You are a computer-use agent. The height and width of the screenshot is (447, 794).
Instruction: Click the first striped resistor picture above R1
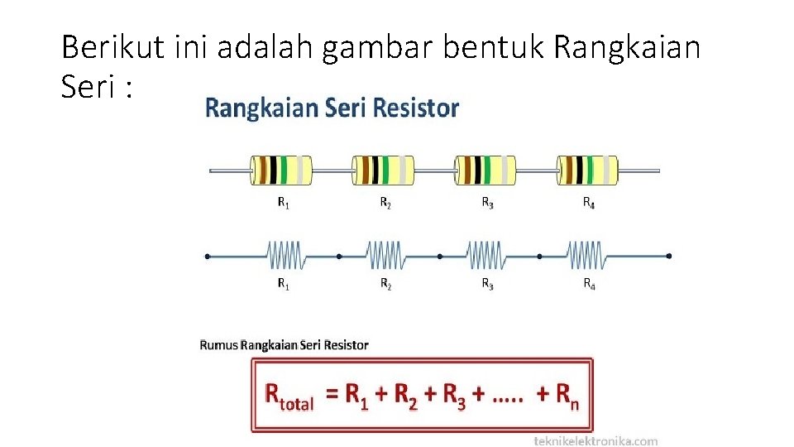(x=281, y=170)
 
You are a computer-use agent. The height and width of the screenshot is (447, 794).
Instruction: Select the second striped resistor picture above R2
(x=383, y=170)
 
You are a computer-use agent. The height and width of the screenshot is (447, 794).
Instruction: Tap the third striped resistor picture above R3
(x=485, y=170)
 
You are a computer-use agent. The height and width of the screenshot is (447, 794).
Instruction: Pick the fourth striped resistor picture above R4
(x=587, y=170)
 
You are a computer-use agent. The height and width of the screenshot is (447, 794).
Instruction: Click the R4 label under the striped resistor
(x=589, y=202)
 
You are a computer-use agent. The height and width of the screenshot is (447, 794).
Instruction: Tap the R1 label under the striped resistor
(x=283, y=202)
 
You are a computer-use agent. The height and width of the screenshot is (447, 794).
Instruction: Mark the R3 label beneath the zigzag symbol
(x=488, y=285)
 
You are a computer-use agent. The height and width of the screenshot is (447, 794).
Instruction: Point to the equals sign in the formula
(x=332, y=395)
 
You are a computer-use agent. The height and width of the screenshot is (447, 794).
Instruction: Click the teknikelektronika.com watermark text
(x=596, y=440)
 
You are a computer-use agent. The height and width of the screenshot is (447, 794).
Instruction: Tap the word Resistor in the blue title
(x=416, y=108)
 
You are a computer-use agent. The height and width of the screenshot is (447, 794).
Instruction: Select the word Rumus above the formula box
(x=218, y=344)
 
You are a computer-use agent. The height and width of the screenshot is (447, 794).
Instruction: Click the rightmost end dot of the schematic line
(x=668, y=257)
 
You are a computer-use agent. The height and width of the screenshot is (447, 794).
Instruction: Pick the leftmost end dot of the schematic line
(x=207, y=257)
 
